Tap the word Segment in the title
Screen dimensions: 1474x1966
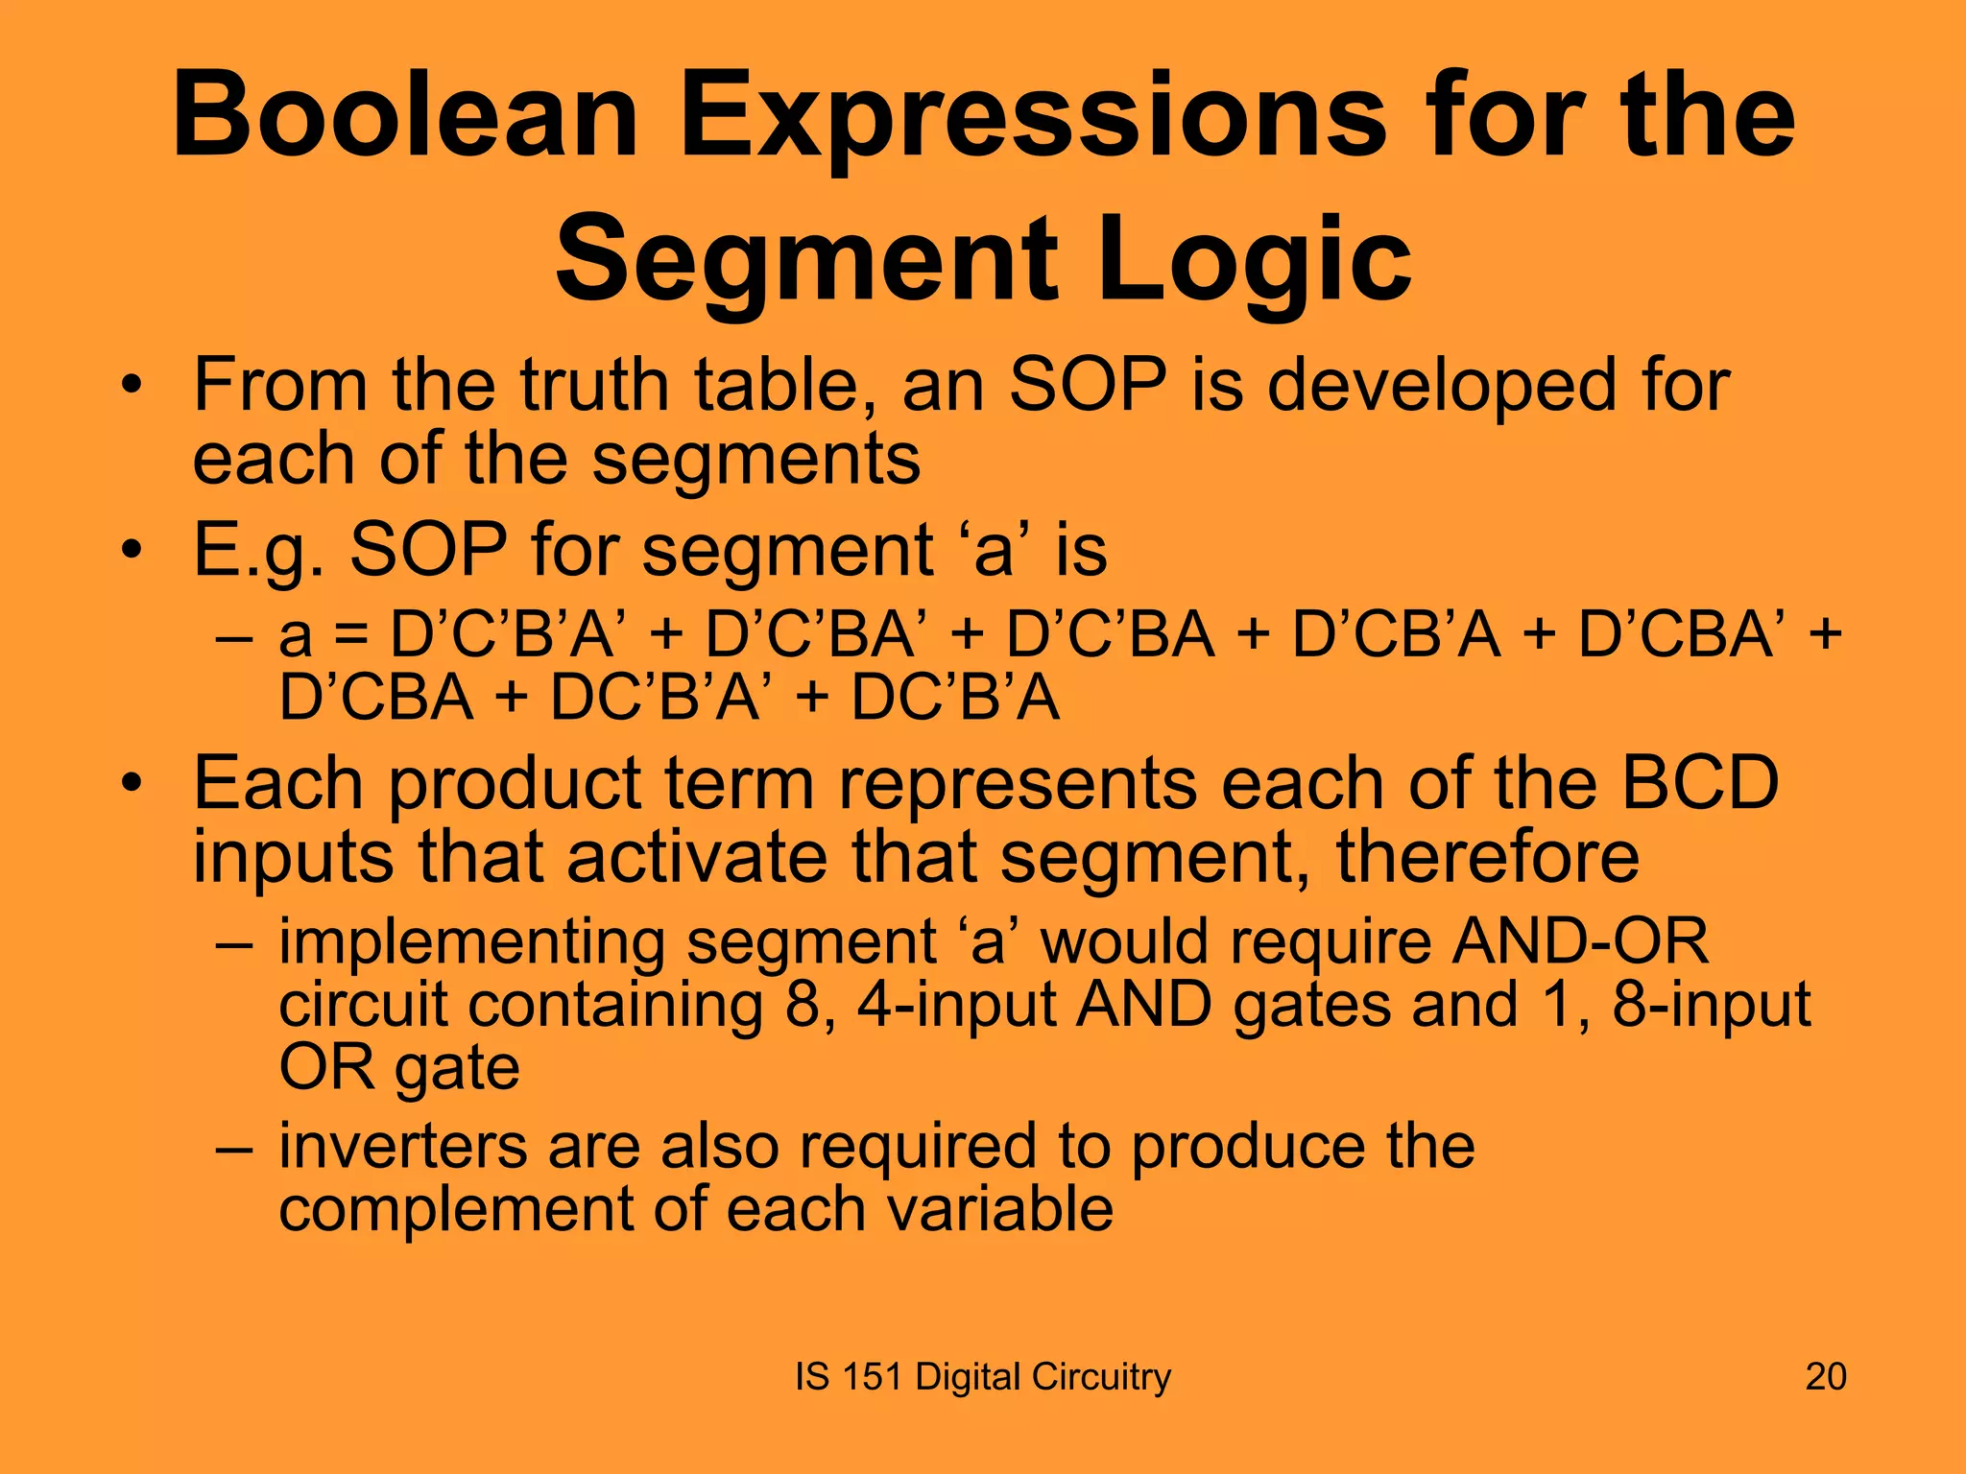[806, 259]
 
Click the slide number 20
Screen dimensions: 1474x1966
[1825, 1376]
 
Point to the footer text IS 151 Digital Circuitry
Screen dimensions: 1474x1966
[983, 1376]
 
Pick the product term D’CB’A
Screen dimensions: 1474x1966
[1396, 635]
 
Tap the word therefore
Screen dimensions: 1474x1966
[1487, 856]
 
